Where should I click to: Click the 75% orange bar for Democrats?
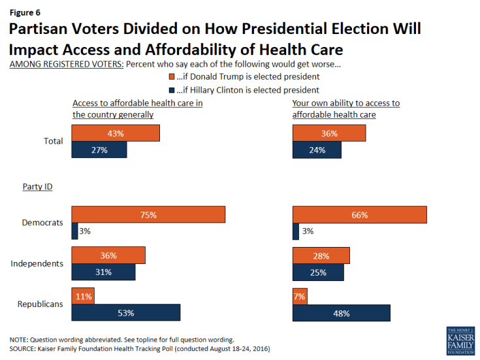pyautogui.click(x=148, y=214)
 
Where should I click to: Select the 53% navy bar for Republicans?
pyautogui.click(x=125, y=313)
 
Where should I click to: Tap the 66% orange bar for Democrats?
pyautogui.click(x=360, y=214)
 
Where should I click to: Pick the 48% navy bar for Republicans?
pyautogui.click(x=342, y=313)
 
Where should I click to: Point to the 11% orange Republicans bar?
pyautogui.click(x=83, y=296)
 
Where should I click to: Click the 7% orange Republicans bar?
pyautogui.click(x=300, y=296)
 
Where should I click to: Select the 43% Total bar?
pyautogui.click(x=116, y=133)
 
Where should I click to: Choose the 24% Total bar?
pyautogui.click(x=317, y=150)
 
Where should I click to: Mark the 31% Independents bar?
pyautogui.click(x=103, y=272)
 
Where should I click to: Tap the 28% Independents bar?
pyautogui.click(x=321, y=255)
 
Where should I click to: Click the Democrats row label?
pyautogui.click(x=43, y=223)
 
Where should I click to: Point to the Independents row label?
pyautogui.click(x=37, y=263)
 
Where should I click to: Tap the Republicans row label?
pyautogui.click(x=40, y=304)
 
